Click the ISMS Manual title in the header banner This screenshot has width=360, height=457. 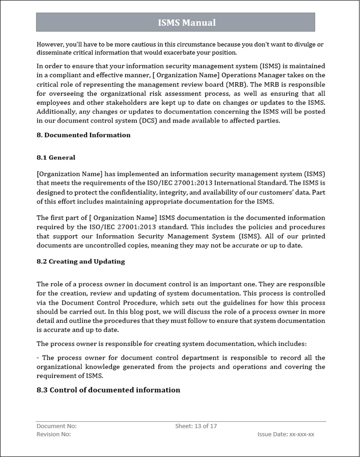click(x=187, y=23)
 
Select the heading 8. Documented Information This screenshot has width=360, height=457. click(x=84, y=135)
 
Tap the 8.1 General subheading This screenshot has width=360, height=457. click(x=56, y=157)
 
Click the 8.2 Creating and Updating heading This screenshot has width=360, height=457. click(x=80, y=261)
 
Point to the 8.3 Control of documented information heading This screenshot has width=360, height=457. click(x=108, y=390)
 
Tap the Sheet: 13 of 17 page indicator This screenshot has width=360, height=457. click(x=196, y=426)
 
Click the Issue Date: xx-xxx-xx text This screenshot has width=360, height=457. click(x=286, y=434)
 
